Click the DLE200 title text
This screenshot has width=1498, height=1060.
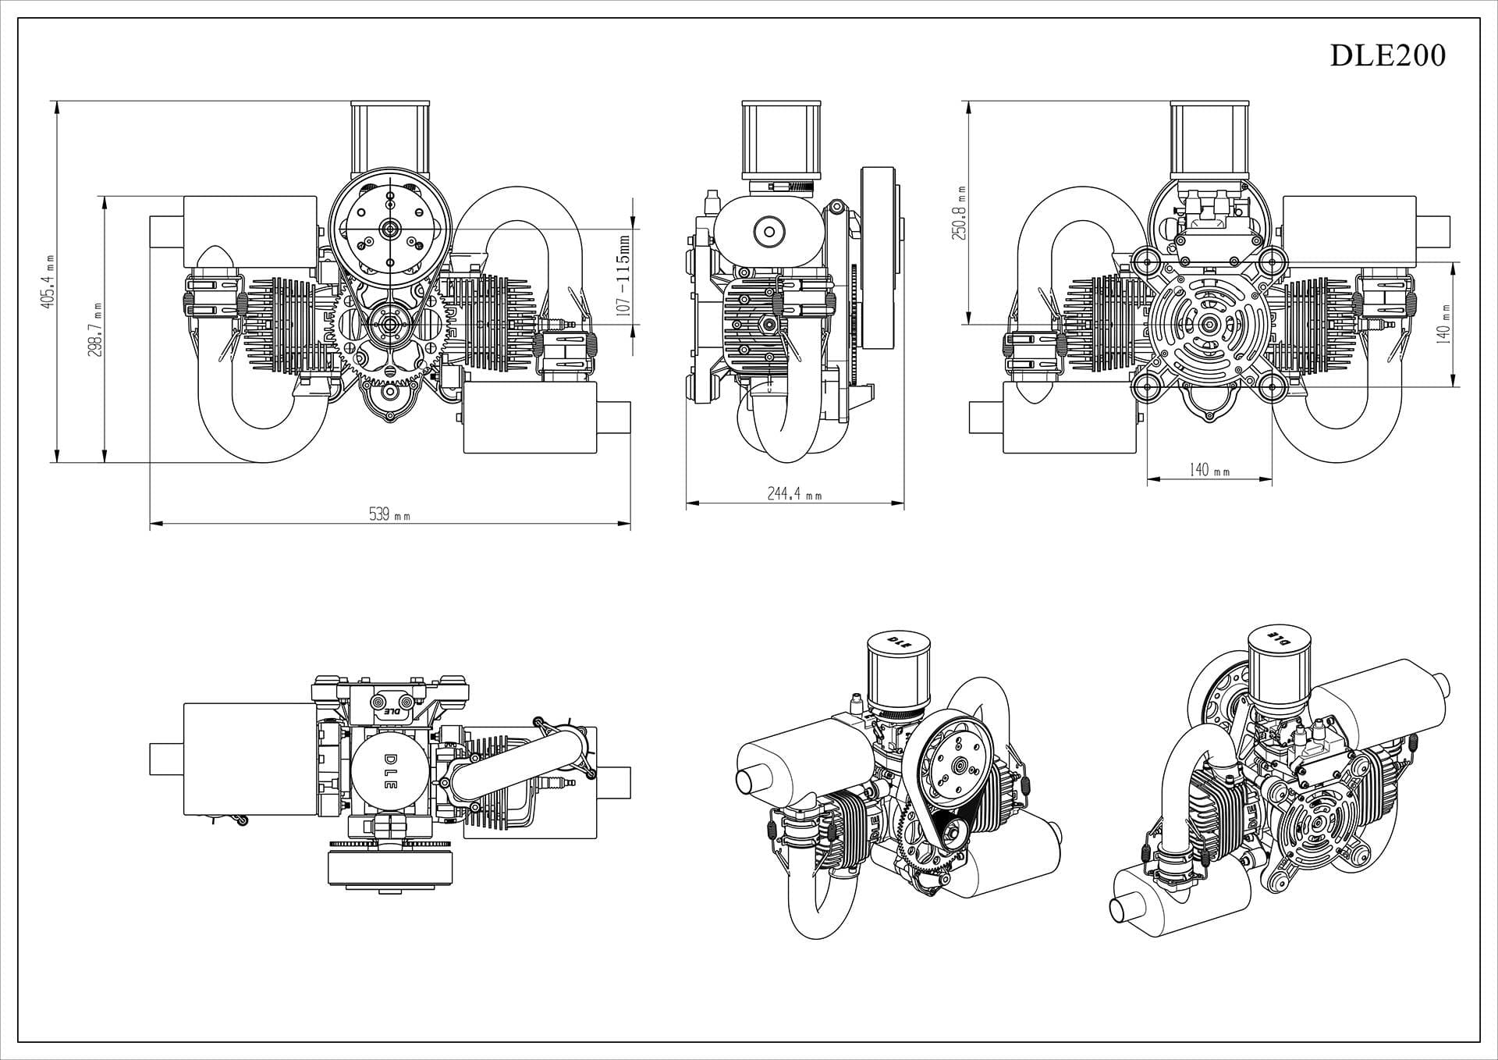pos(1386,55)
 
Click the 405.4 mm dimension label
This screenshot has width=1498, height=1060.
pos(48,282)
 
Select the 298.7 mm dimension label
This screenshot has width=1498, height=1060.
pos(96,329)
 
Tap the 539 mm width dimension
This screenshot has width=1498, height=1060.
pos(389,515)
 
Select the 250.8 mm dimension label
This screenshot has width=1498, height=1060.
pos(960,212)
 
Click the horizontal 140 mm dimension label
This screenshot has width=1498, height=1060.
pos(1209,470)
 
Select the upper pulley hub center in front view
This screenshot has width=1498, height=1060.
pos(389,228)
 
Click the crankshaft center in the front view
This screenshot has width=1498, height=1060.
pos(389,323)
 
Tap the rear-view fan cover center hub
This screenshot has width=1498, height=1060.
pos(1209,324)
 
